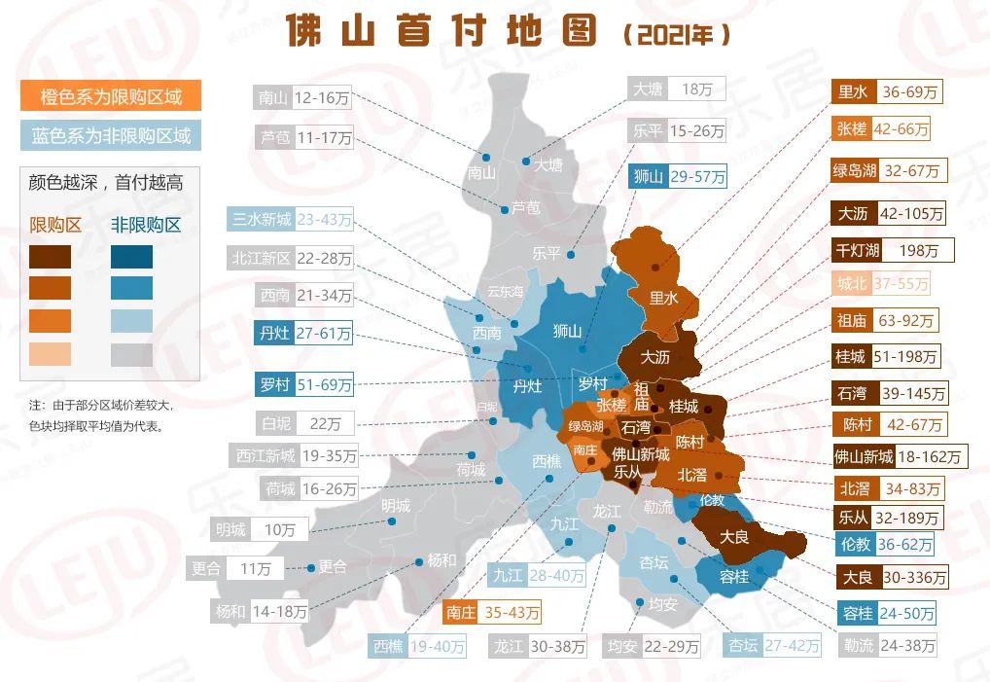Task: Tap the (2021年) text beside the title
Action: pyautogui.click(x=674, y=35)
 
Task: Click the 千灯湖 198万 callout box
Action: pyautogui.click(x=892, y=250)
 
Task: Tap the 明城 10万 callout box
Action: pyautogui.click(x=260, y=529)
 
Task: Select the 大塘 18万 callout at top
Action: pyautogui.click(x=676, y=89)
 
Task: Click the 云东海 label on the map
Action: pyautogui.click(x=505, y=292)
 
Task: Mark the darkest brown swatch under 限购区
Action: pyautogui.click(x=50, y=257)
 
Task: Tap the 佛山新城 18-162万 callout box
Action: pyautogui.click(x=899, y=456)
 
